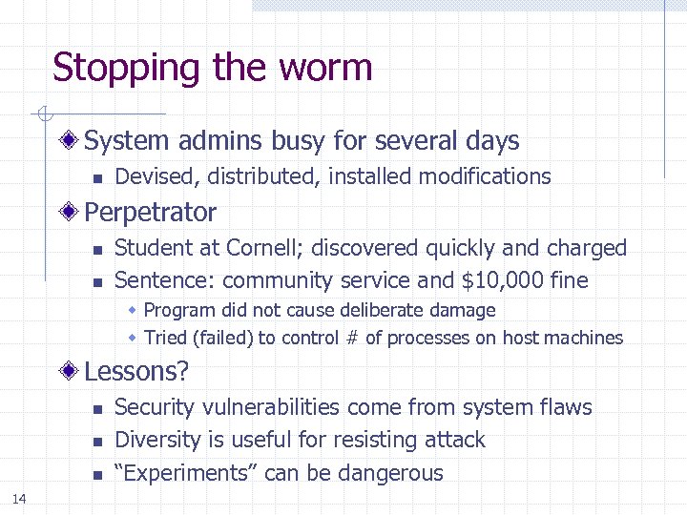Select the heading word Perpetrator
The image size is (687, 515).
(151, 212)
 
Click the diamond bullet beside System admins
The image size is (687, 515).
(71, 142)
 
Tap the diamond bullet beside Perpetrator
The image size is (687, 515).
(71, 213)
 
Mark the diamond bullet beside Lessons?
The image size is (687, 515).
(71, 370)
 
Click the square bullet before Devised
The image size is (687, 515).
(96, 177)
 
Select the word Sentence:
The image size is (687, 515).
(164, 280)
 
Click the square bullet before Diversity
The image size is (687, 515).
(96, 442)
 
